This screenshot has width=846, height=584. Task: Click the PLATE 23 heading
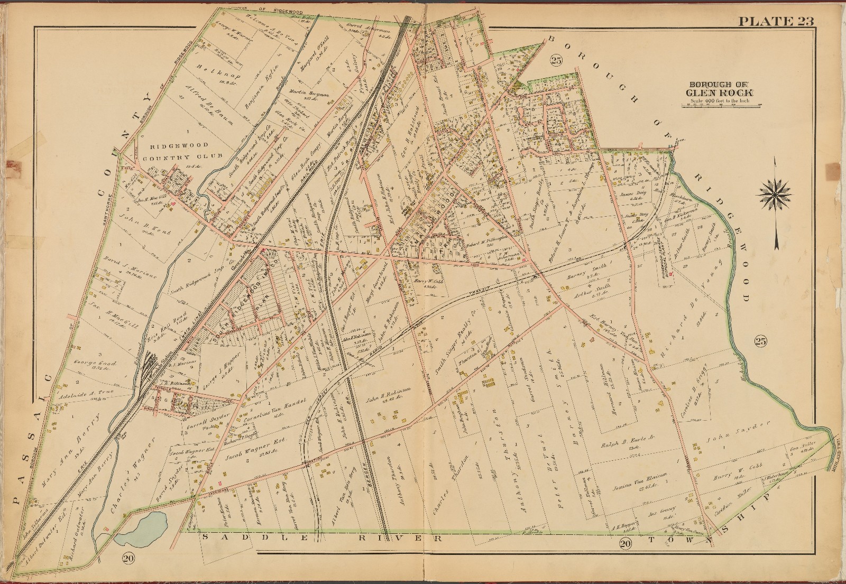(x=775, y=21)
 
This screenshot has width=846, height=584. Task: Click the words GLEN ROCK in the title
(x=720, y=94)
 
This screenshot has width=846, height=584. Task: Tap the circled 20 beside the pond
(x=127, y=557)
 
